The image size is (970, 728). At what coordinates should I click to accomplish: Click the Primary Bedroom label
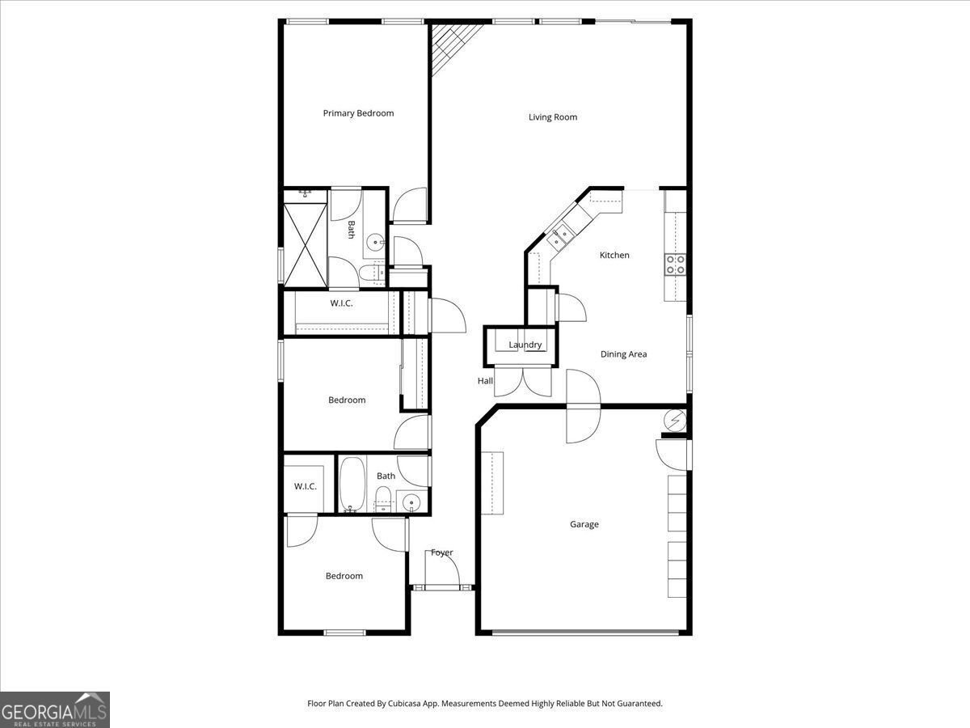tap(358, 113)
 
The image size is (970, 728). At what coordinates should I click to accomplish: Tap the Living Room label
tap(553, 117)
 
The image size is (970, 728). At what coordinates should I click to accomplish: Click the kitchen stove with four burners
tap(675, 264)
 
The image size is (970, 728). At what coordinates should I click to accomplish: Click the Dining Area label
tap(623, 354)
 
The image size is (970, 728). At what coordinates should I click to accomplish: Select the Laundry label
tap(525, 345)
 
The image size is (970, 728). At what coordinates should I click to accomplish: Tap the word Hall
tap(485, 381)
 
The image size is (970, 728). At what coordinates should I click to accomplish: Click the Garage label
tap(584, 524)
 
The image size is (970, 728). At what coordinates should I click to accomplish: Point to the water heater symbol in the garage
tap(675, 420)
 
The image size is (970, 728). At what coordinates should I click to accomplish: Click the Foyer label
tap(441, 552)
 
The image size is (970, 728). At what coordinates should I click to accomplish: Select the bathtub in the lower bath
tap(352, 485)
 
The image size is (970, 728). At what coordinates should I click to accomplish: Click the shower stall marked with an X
tap(305, 243)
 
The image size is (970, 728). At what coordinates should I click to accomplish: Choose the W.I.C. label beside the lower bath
tap(305, 486)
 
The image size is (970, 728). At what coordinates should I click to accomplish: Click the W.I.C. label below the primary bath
tap(341, 303)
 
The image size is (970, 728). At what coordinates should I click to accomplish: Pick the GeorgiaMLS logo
tap(54, 709)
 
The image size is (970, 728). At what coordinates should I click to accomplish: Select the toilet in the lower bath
tap(384, 497)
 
